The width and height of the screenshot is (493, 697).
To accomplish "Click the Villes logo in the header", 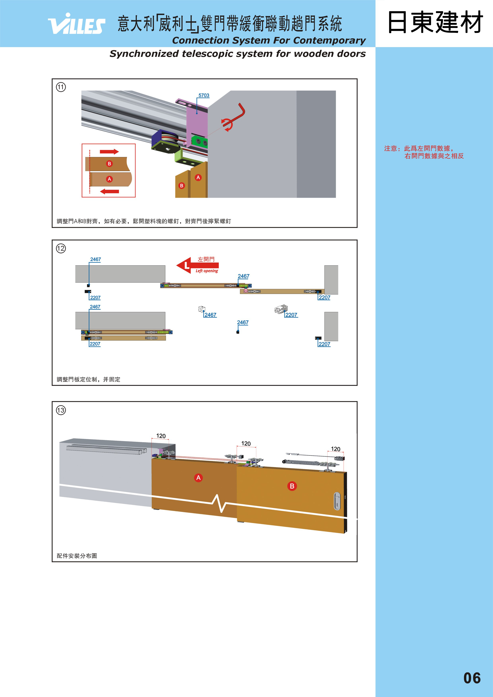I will coord(77,24).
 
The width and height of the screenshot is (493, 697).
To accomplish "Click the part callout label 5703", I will coord(204,95).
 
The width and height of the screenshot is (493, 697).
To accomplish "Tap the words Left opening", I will coord(207,271).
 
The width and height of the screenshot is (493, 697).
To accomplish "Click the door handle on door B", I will coord(337,501).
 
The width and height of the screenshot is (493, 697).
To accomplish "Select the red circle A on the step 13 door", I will coord(198,478).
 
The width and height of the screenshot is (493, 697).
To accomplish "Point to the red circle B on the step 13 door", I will coord(292,486).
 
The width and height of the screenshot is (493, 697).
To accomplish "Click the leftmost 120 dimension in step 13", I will coord(161,436).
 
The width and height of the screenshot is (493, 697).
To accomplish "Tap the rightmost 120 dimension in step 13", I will coord(335,449).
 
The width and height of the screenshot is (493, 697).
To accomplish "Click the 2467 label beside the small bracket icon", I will coord(210,315).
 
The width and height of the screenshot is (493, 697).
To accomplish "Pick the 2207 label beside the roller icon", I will coord(291,315).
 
